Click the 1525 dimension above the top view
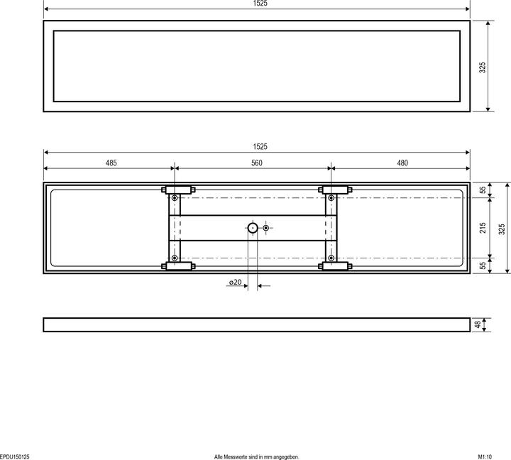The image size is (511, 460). tap(260, 4)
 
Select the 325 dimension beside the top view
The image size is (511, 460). tap(482, 68)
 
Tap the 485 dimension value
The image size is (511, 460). tap(111, 163)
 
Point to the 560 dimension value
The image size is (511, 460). tap(256, 163)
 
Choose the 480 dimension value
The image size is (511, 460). tap(402, 163)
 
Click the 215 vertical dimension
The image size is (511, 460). tap(483, 228)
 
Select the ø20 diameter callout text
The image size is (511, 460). tap(235, 283)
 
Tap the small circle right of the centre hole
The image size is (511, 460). tap(266, 228)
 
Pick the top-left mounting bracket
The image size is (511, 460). tap(178, 190)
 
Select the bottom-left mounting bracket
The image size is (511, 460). tap(178, 267)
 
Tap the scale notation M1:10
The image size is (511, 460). tap(489, 456)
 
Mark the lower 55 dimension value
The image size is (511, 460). tap(483, 264)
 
